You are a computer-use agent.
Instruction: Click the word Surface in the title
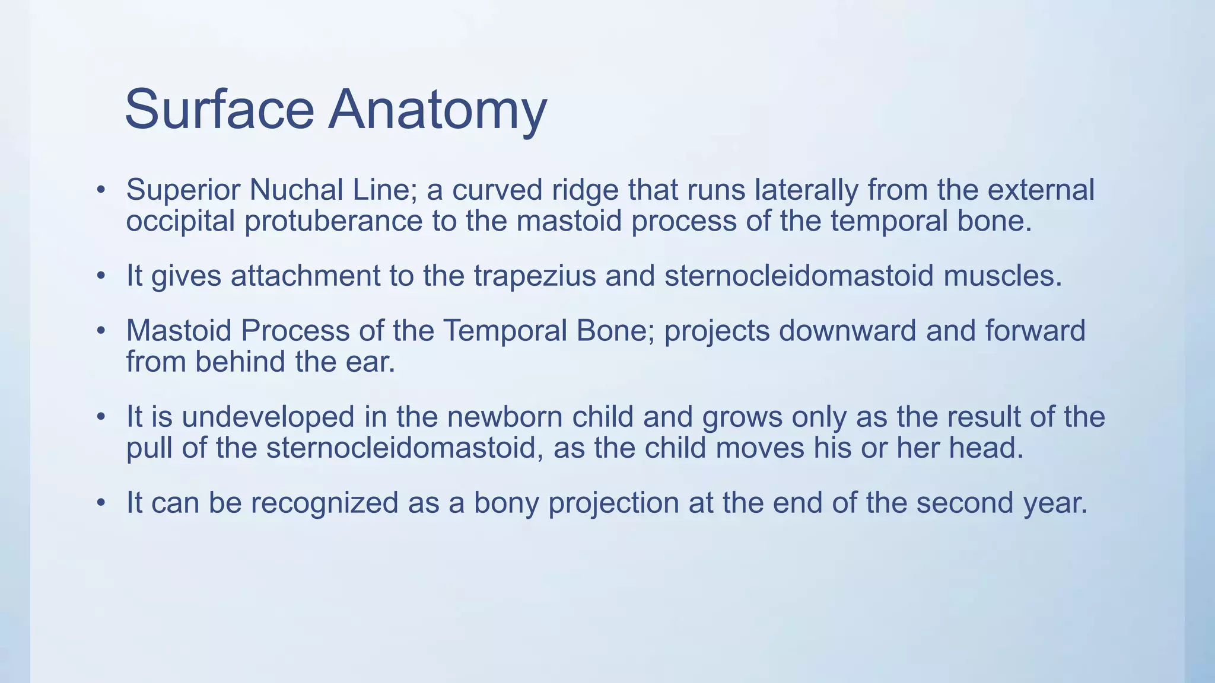click(x=219, y=109)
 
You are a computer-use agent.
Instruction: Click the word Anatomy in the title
click(x=437, y=110)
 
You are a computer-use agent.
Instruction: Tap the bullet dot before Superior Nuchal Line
click(x=101, y=190)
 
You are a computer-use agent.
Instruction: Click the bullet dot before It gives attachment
click(x=101, y=276)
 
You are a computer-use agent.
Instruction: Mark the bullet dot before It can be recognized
click(x=101, y=503)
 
